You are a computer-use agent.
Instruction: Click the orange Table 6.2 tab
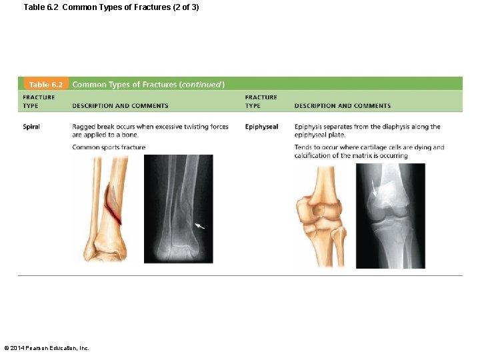pos(45,85)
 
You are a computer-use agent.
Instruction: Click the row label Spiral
pos(31,127)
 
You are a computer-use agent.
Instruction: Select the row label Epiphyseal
pos(261,127)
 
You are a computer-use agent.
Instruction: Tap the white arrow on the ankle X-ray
pos(199,226)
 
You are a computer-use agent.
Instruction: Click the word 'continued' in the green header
pos(201,85)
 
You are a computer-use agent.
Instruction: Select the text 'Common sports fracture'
pos(109,147)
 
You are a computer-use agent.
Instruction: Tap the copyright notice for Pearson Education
pos(47,348)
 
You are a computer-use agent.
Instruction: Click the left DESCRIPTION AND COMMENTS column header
pos(120,105)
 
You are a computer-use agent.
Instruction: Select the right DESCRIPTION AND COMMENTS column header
pos(342,105)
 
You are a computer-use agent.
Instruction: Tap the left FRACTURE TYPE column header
pos(39,101)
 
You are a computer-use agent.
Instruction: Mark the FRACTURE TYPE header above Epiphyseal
pos(261,101)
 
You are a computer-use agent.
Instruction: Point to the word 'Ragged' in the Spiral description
pos(83,127)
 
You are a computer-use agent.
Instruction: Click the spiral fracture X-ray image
pos(179,208)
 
